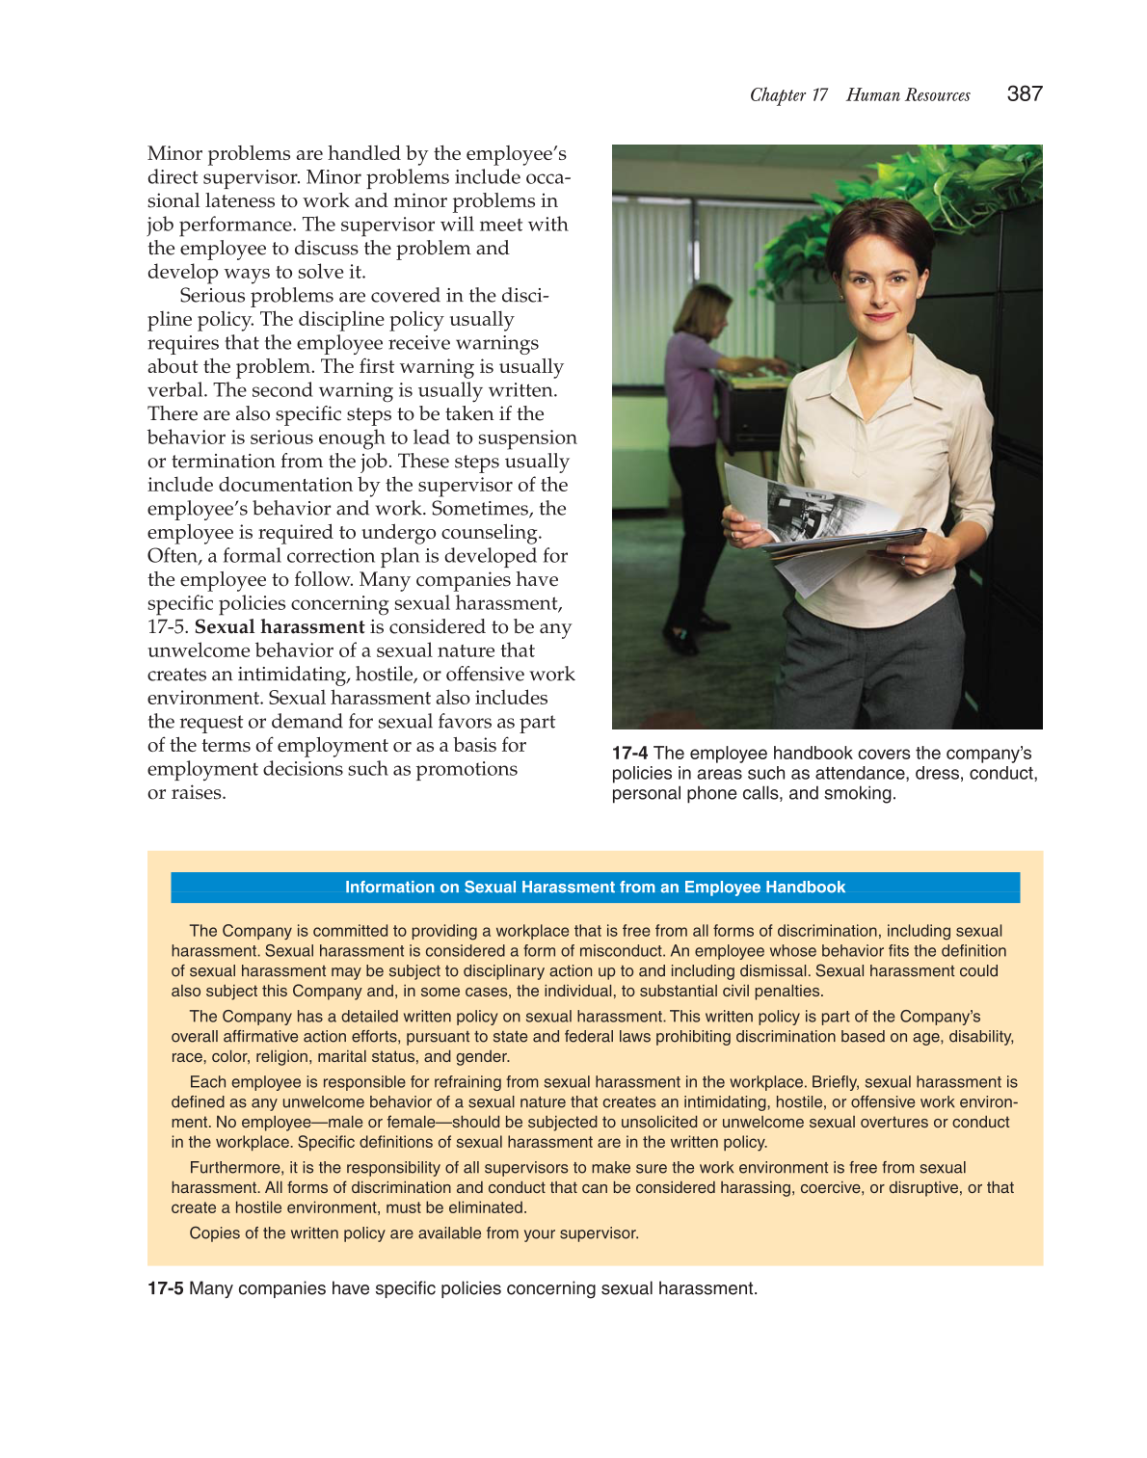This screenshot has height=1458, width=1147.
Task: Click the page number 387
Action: (1024, 93)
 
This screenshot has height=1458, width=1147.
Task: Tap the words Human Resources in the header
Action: (908, 94)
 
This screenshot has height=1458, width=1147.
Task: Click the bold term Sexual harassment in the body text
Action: (280, 626)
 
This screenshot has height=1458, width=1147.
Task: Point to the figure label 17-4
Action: (629, 753)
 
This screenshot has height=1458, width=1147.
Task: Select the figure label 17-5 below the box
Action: (165, 1288)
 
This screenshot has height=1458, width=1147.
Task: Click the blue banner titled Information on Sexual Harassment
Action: (595, 887)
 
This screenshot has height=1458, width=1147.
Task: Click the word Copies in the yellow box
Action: (213, 1233)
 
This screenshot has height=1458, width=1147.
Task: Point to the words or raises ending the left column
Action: (186, 792)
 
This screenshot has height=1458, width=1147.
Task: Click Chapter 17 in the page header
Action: (788, 94)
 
